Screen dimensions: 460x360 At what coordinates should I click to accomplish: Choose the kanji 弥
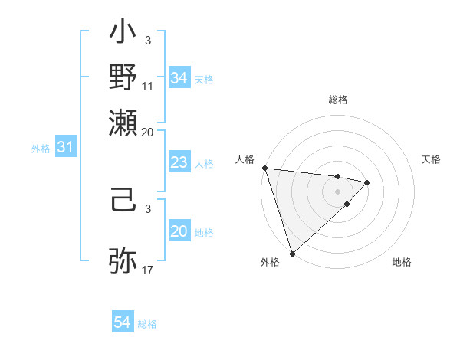123,259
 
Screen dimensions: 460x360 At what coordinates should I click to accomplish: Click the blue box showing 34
179,78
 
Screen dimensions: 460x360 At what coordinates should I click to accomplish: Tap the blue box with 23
179,162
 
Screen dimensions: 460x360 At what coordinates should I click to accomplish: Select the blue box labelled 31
65,148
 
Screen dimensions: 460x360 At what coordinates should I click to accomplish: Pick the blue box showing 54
123,323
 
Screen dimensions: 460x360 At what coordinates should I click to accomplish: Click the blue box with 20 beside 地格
179,232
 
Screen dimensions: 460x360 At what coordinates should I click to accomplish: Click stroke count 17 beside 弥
148,270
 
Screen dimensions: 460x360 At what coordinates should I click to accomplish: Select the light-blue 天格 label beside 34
204,79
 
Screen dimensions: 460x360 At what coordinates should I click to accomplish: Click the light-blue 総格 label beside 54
147,324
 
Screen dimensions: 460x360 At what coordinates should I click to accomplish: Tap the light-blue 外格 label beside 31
40,149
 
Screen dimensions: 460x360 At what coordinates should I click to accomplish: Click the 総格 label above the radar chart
337,100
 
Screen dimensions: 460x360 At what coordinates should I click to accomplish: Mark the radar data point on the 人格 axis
264,168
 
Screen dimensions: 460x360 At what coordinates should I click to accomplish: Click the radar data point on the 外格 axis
292,252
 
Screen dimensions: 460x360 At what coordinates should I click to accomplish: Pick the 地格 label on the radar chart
402,262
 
